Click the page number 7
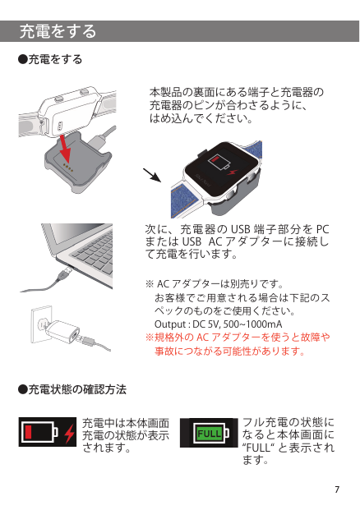point(337,489)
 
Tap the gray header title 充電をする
point(58,31)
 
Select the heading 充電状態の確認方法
point(72,389)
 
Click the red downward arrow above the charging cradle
point(65,148)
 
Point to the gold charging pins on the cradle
point(68,168)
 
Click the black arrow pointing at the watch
point(152,175)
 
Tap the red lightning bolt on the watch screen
point(233,172)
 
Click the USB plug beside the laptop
point(65,273)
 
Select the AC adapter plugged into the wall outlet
point(62,330)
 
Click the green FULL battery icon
point(210,433)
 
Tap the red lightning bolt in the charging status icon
point(69,434)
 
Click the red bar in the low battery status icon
point(28,432)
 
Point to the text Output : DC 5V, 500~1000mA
point(218,324)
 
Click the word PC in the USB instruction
point(322,229)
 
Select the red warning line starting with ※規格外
point(238,337)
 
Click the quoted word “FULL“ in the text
point(259,448)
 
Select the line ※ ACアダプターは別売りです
point(215,284)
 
